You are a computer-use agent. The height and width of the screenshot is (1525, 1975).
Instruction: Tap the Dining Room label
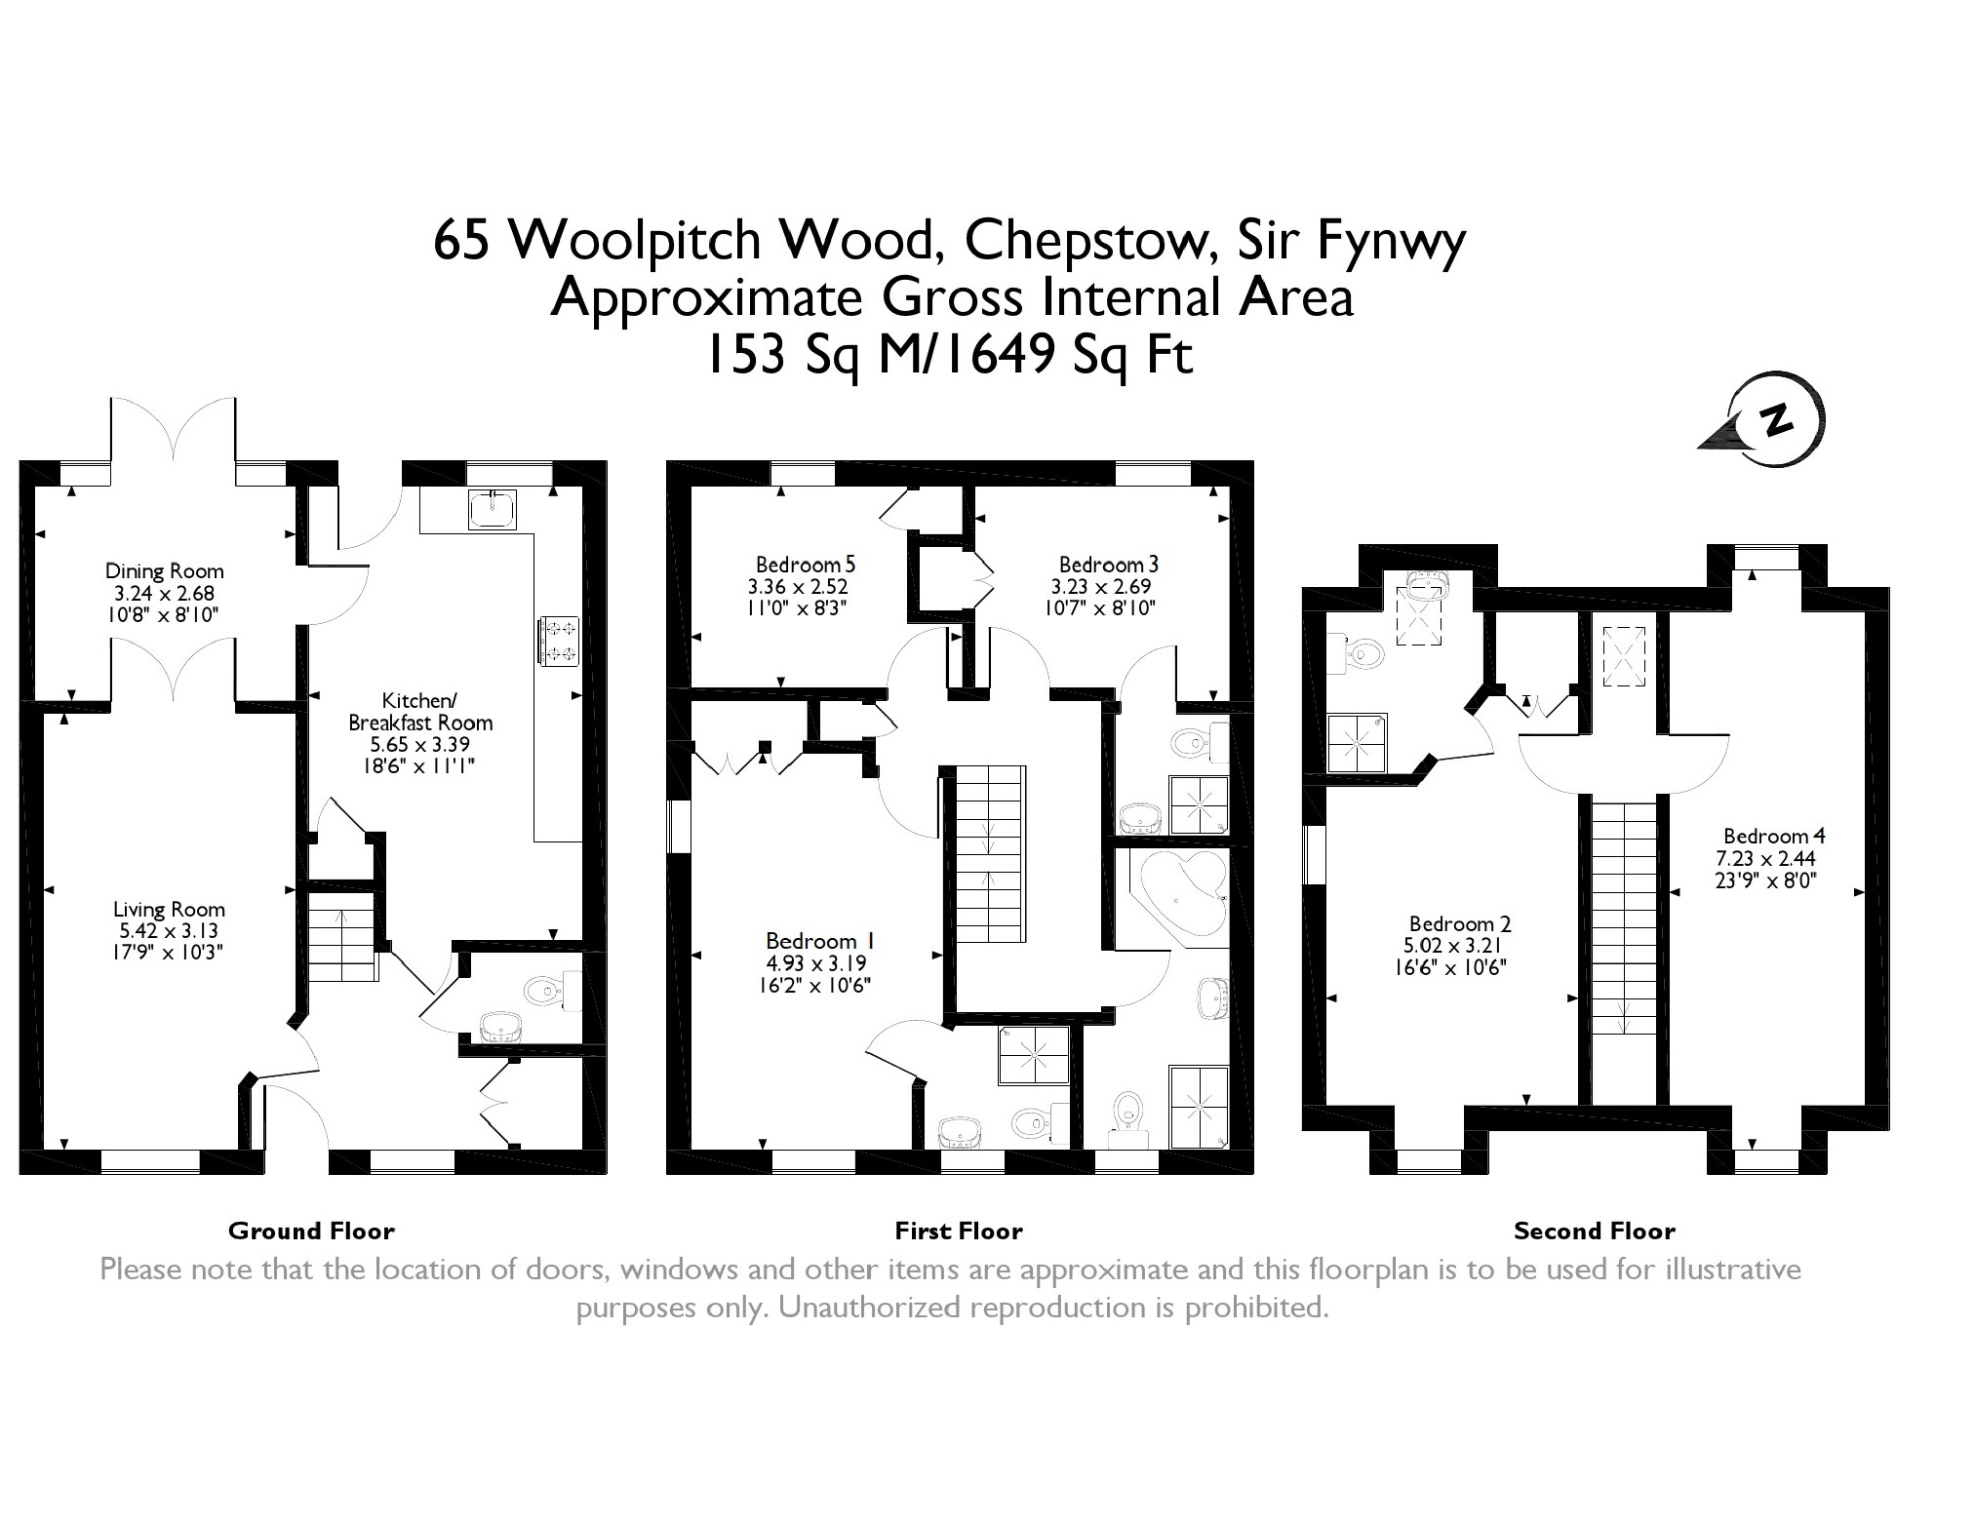point(165,571)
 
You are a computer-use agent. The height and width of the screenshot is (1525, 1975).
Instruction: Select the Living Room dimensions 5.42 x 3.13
point(169,931)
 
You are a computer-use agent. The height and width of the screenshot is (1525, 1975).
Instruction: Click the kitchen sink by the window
point(495,508)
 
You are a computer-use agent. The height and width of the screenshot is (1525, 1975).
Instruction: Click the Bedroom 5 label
point(806,565)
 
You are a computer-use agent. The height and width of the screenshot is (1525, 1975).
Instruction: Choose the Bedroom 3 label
point(1109,565)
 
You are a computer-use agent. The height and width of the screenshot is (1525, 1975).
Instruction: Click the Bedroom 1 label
point(820,941)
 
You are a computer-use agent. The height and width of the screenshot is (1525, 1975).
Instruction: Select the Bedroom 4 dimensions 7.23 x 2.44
point(1765,859)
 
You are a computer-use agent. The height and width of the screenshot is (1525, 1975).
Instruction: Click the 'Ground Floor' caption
point(311,1232)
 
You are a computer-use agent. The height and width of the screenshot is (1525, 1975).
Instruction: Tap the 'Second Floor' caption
point(1595,1232)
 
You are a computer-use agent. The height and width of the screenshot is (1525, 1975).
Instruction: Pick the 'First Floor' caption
point(959,1232)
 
